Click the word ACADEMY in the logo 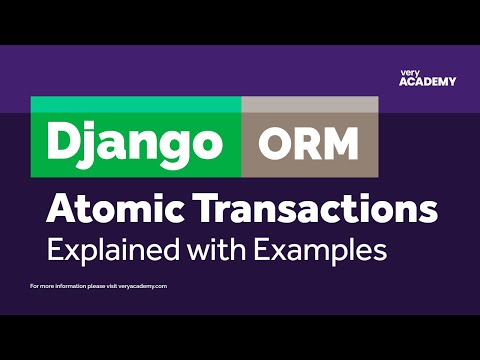pos(427,82)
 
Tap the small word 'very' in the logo pos(408,72)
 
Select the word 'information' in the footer pos(68,286)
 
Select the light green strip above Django pos(135,104)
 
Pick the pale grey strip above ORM pos(309,104)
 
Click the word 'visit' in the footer pos(115,286)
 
